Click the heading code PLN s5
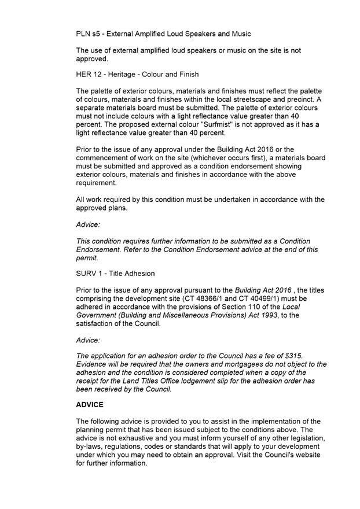click(88, 34)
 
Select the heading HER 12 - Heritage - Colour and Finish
click(137, 75)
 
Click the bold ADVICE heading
click(90, 405)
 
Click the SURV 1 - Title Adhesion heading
click(115, 274)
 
